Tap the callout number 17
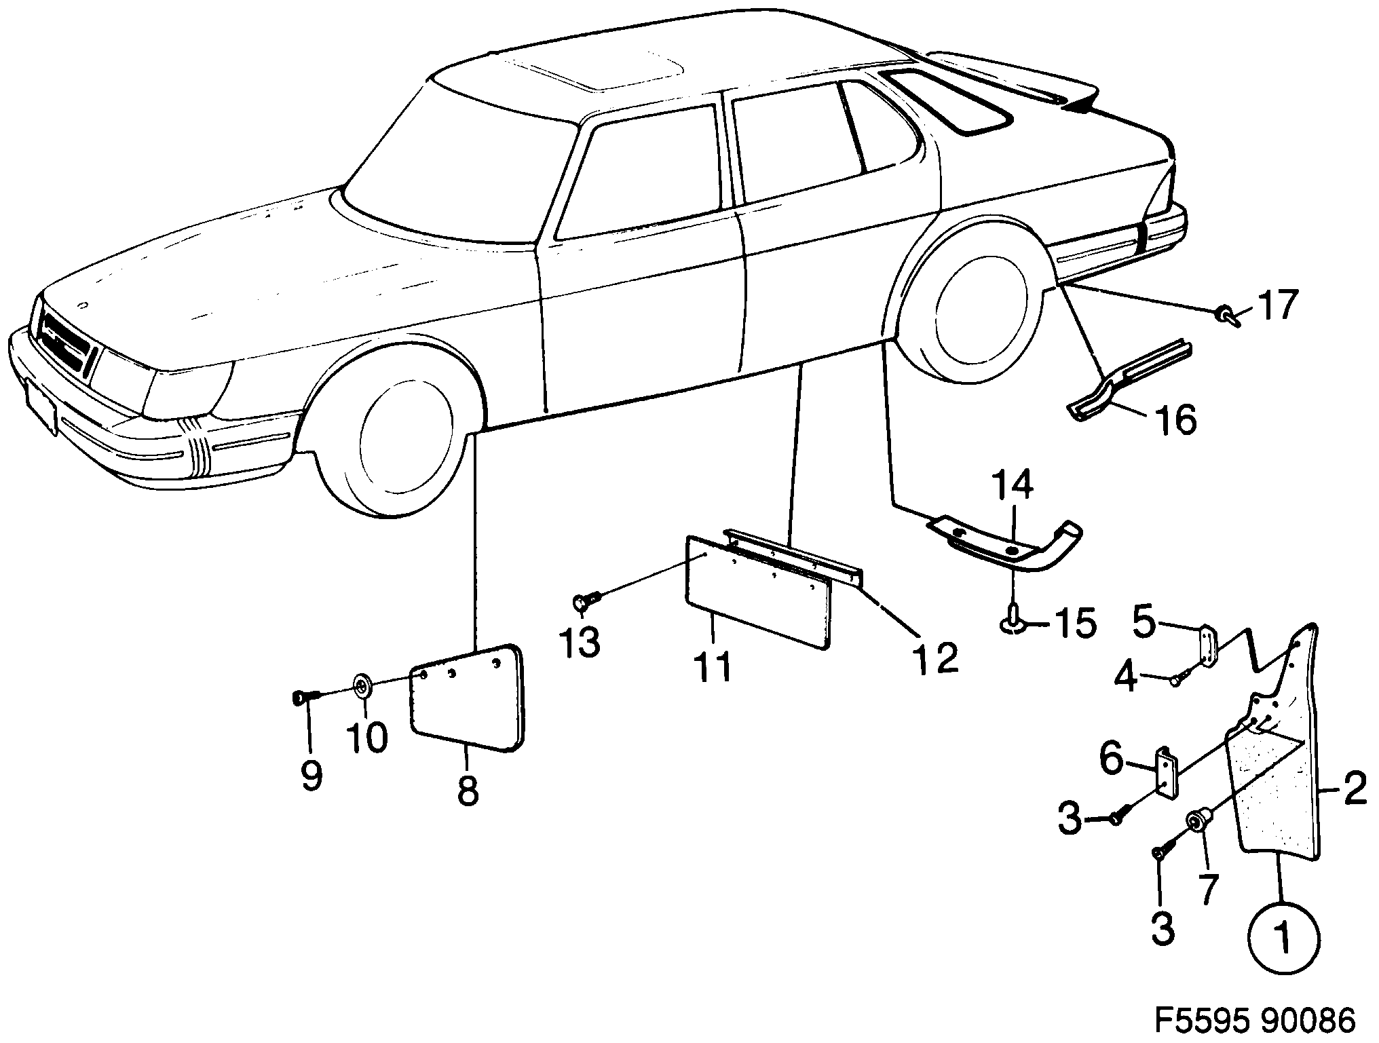click(1277, 306)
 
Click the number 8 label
click(468, 790)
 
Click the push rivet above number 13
click(586, 600)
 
